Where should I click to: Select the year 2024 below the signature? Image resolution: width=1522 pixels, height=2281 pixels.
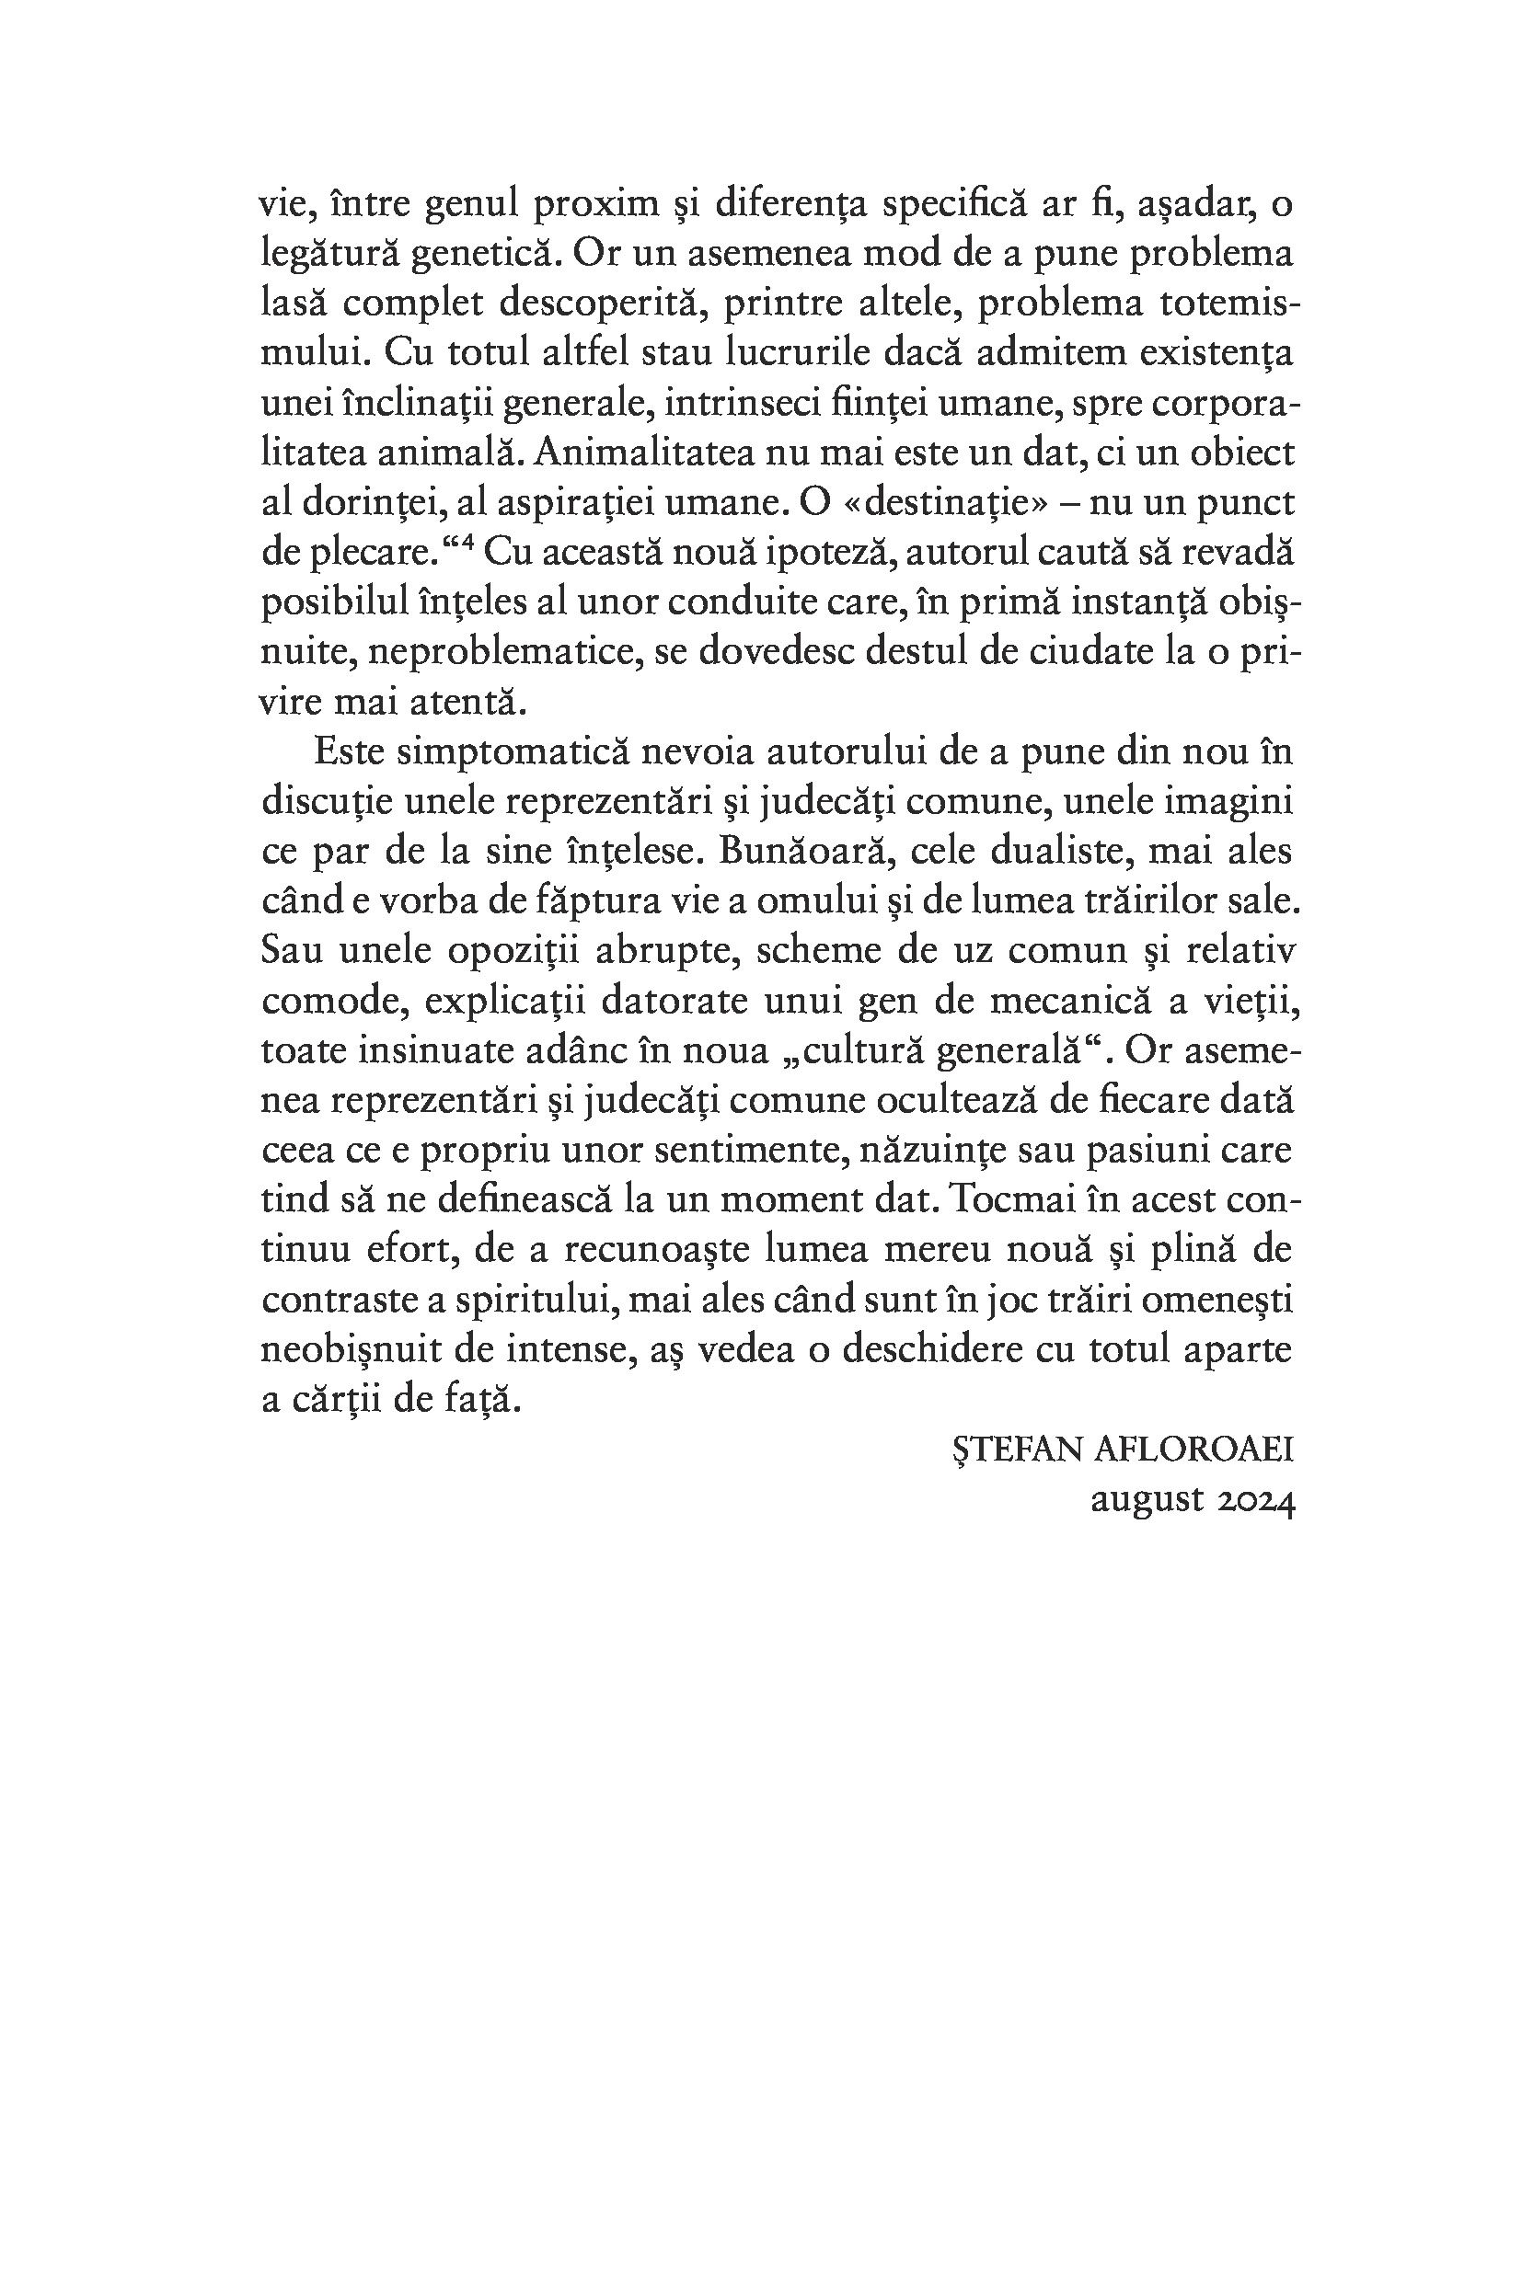tap(1256, 1501)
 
